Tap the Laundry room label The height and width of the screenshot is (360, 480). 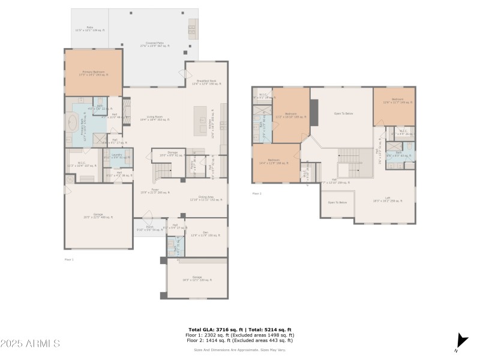[x=118, y=155]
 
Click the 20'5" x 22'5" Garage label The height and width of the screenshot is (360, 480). [x=98, y=217]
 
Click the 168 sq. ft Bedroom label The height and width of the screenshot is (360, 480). [x=275, y=161]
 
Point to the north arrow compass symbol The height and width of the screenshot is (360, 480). [x=461, y=340]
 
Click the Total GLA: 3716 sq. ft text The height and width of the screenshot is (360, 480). [x=214, y=330]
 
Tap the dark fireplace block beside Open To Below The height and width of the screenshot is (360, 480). [x=313, y=107]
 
